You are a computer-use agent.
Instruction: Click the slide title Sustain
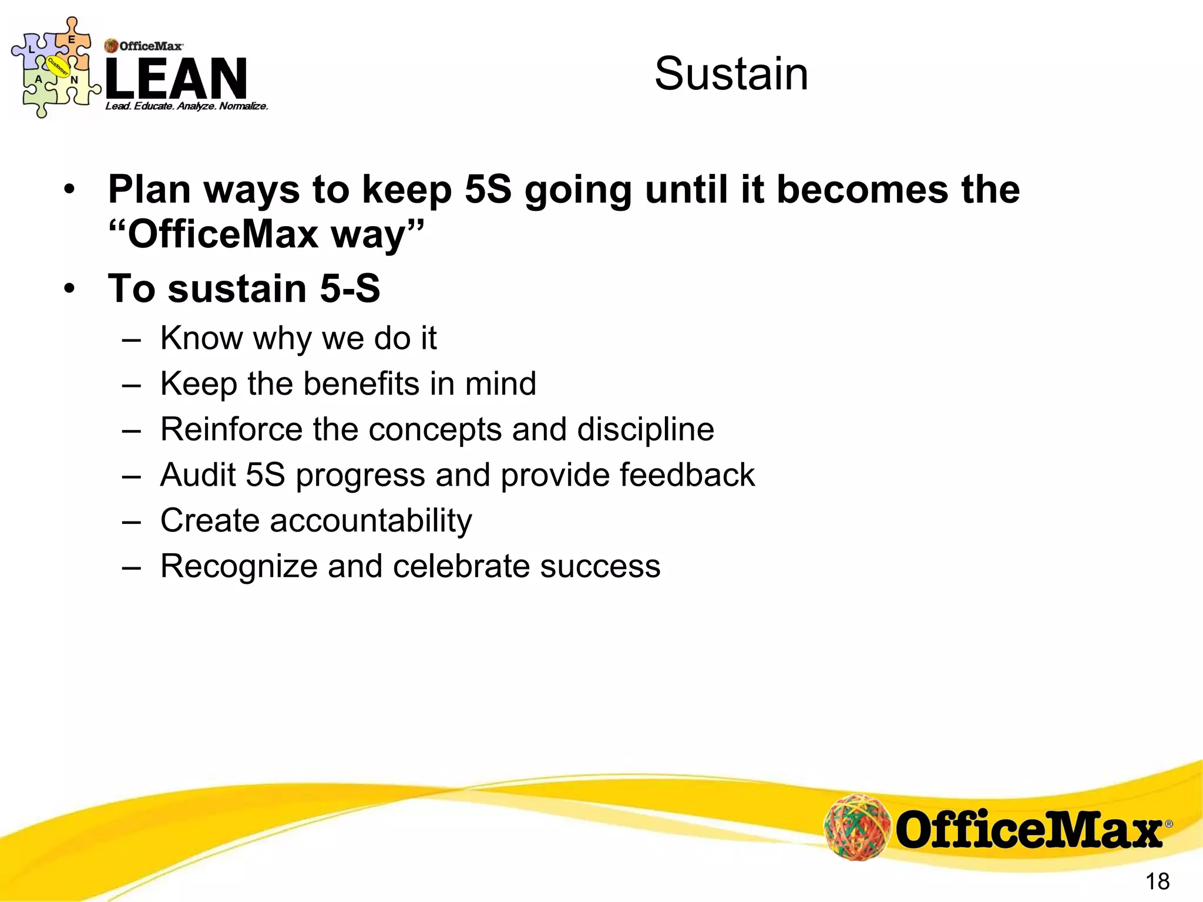[731, 74]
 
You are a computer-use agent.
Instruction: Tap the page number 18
[1157, 881]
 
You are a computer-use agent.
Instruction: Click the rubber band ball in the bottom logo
[857, 827]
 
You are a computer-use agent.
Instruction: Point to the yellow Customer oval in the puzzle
[58, 68]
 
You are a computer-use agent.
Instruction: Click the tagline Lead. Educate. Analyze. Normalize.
[186, 106]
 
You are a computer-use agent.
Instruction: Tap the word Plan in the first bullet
[150, 190]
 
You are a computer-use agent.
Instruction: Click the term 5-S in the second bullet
[350, 288]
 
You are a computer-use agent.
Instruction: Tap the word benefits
[361, 383]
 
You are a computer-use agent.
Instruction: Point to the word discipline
[646, 429]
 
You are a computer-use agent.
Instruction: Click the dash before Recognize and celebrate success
[132, 567]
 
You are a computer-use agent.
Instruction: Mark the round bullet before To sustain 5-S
[70, 289]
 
